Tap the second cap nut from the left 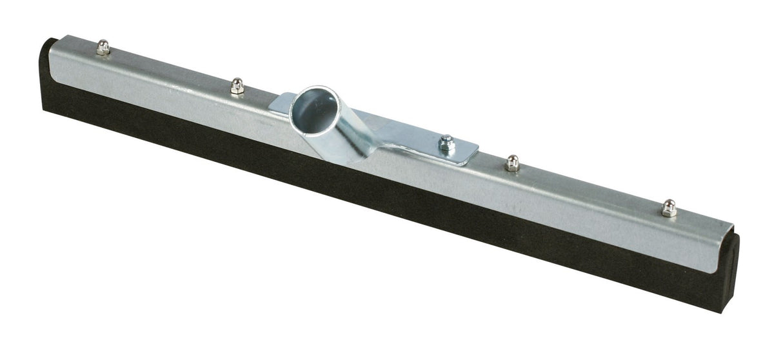coord(237,85)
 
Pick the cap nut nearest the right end coord(668,207)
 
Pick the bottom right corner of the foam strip coord(724,311)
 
